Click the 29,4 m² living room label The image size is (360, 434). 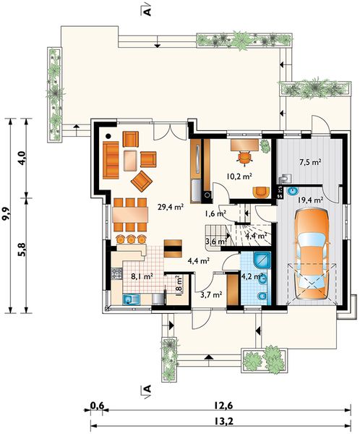click(x=171, y=207)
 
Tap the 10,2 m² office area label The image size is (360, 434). click(x=239, y=176)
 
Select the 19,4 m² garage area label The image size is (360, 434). click(x=310, y=200)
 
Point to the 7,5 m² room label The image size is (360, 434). click(x=310, y=162)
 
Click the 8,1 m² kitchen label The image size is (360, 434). click(x=142, y=276)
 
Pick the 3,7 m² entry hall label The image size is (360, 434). click(x=211, y=294)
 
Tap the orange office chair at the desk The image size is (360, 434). click(x=244, y=158)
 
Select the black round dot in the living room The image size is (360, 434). click(x=108, y=136)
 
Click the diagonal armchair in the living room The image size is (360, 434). click(x=142, y=181)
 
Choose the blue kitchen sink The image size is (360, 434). click(x=131, y=299)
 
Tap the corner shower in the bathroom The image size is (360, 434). click(x=262, y=260)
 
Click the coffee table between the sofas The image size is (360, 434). click(x=130, y=161)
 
